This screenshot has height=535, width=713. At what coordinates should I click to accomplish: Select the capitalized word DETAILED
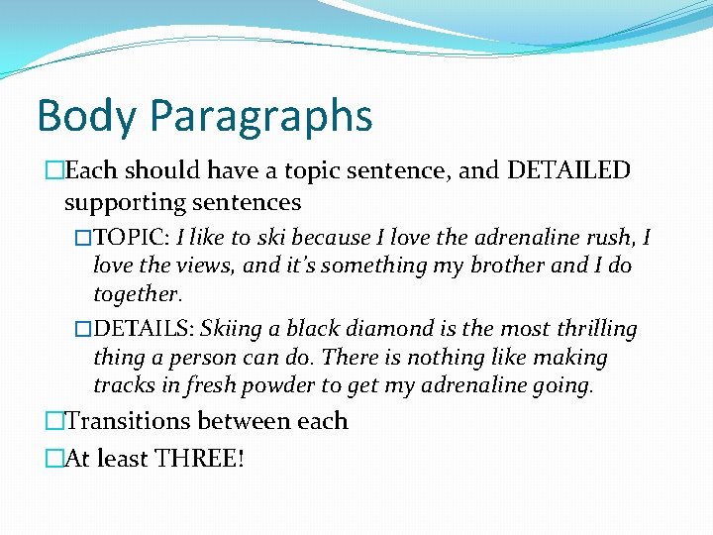[x=568, y=170]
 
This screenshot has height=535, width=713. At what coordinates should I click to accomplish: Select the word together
[x=136, y=294]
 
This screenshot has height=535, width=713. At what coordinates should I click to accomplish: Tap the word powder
[x=309, y=385]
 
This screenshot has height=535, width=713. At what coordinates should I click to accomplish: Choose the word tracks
[x=123, y=385]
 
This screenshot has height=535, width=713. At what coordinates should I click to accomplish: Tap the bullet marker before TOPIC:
[x=84, y=239]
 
